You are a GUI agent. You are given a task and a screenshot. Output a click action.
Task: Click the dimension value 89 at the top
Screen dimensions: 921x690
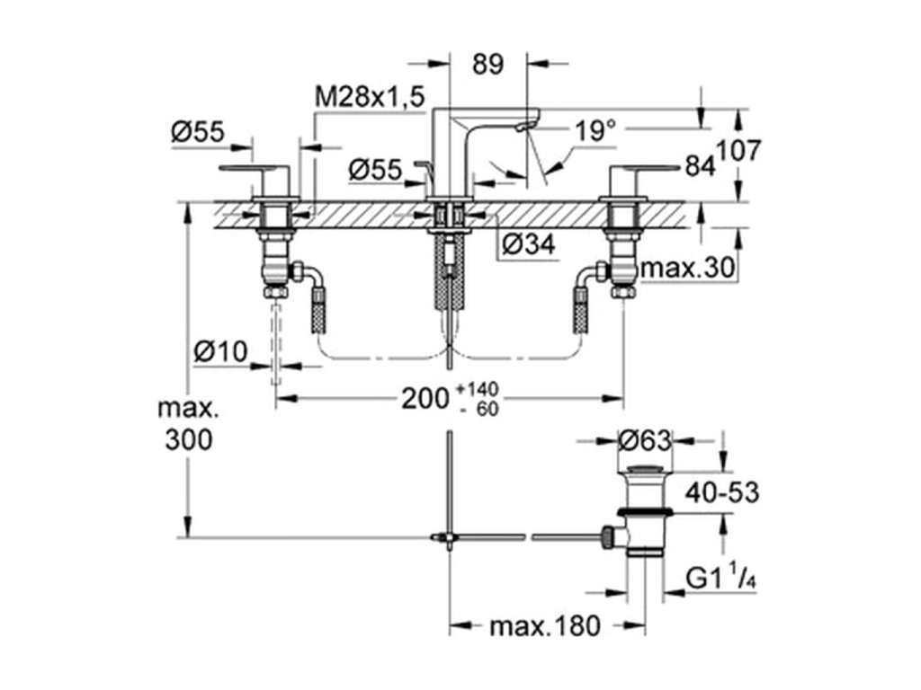pos(488,64)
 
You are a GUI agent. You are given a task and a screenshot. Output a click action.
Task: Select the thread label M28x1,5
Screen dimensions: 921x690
pos(370,97)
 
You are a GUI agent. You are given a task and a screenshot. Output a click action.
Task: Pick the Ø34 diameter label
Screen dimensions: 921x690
pos(529,243)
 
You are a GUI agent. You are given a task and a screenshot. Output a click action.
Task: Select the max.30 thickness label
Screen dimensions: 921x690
pos(688,268)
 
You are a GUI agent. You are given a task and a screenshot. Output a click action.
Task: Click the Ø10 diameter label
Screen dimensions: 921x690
pos(220,351)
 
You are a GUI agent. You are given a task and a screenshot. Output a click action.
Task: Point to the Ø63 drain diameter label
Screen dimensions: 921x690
pos(644,440)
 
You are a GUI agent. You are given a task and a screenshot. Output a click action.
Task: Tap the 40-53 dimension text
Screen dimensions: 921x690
pos(722,492)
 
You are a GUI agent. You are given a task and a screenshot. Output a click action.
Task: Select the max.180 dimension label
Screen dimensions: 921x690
pos(545,626)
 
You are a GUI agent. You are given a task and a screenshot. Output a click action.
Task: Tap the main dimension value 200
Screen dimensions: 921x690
pos(425,400)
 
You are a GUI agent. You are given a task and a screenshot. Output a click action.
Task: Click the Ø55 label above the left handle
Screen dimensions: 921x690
pos(198,132)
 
